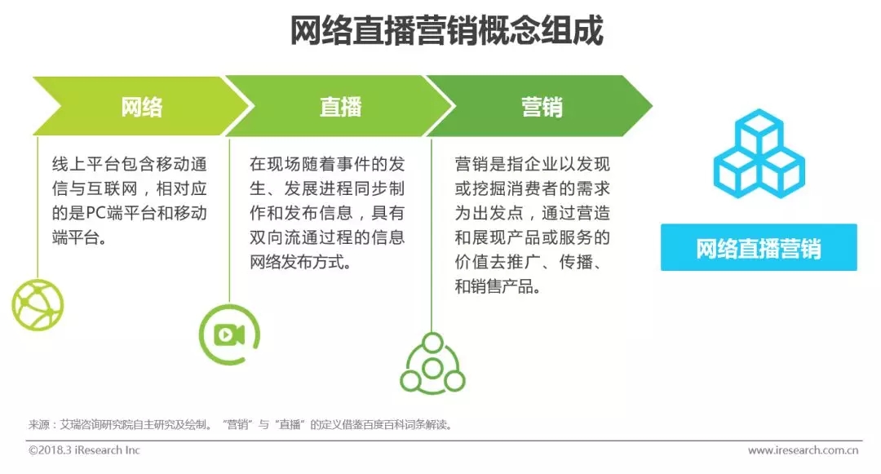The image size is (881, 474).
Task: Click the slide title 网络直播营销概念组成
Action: click(447, 30)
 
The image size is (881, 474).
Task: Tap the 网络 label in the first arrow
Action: click(142, 107)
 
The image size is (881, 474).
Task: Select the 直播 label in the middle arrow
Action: click(340, 107)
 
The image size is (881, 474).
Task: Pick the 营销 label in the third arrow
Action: click(542, 107)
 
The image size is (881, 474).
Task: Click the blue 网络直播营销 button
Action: click(759, 248)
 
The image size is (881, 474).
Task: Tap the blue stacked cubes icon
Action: click(759, 153)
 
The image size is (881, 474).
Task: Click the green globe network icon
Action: click(38, 305)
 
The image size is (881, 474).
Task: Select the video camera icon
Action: click(229, 334)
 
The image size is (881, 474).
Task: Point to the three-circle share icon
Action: click(432, 363)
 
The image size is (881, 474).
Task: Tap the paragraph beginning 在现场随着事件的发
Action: click(327, 213)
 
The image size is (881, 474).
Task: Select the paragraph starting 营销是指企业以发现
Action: click(532, 225)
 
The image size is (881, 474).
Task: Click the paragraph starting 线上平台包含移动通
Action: click(129, 201)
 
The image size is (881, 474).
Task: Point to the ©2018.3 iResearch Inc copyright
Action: click(84, 450)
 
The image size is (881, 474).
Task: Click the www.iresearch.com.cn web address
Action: click(803, 450)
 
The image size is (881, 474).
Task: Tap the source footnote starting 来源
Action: click(240, 424)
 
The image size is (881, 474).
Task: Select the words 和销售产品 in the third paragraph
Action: click(498, 287)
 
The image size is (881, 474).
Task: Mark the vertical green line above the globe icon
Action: click(38, 207)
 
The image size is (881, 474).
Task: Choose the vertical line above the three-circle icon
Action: click(432, 235)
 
